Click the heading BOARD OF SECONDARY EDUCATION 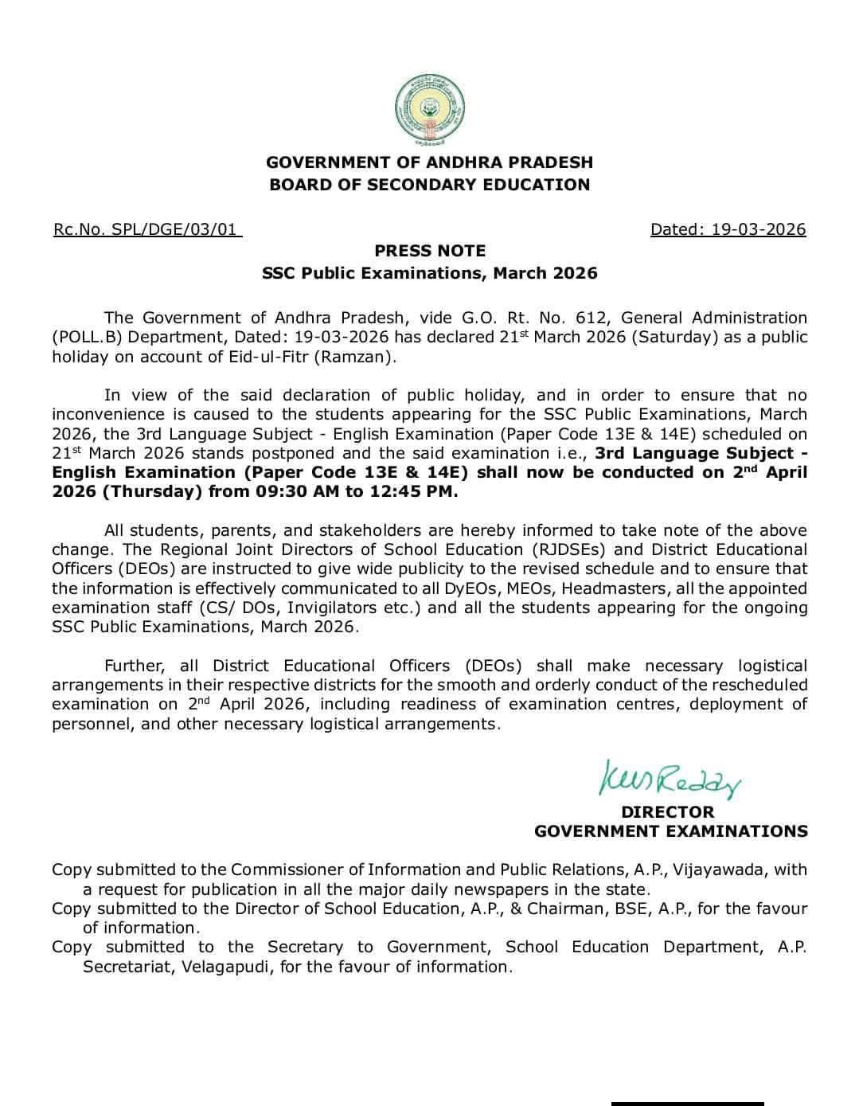(x=430, y=185)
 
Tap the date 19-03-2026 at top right (x=758, y=230)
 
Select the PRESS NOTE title (x=430, y=251)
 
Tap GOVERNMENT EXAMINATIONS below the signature (x=670, y=831)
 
